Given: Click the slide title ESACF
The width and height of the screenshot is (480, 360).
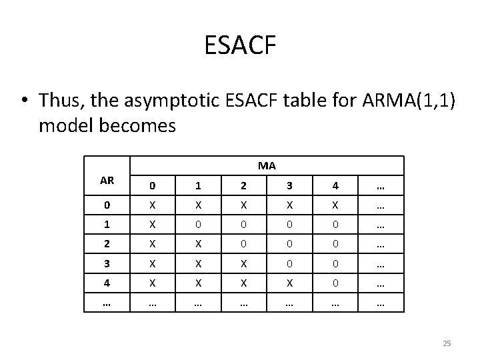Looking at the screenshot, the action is [x=240, y=46].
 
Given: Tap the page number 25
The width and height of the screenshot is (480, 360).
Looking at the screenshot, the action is [x=447, y=343].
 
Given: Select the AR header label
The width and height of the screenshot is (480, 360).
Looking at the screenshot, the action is [x=106, y=180].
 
